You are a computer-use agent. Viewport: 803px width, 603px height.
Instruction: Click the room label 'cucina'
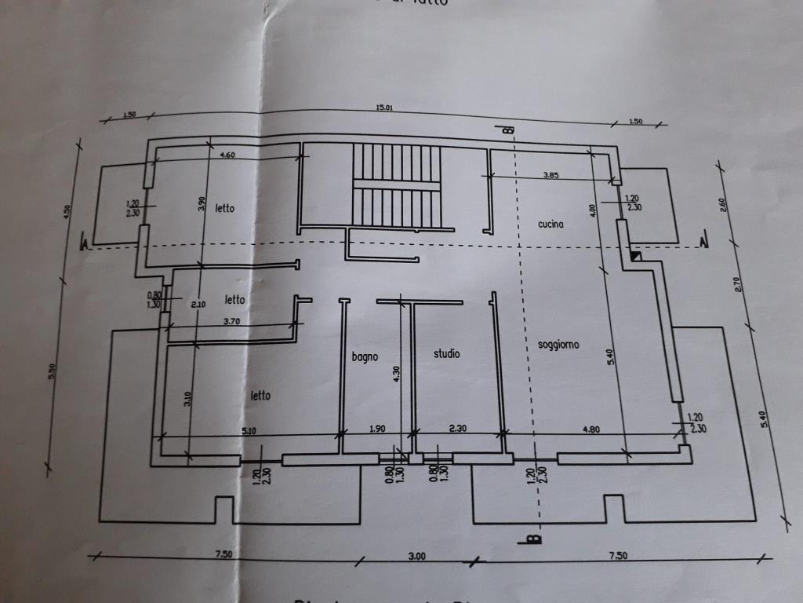[551, 225]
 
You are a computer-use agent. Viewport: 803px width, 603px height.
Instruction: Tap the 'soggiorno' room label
[558, 345]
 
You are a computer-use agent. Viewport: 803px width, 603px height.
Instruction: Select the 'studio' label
[447, 354]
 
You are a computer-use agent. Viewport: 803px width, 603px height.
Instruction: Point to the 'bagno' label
[365, 356]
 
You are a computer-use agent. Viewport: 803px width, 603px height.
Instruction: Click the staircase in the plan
[398, 185]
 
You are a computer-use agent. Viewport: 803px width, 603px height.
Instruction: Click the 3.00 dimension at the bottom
[416, 556]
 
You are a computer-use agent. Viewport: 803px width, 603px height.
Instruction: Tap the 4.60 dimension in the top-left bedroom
[227, 155]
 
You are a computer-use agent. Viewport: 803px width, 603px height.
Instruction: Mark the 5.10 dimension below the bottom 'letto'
[249, 430]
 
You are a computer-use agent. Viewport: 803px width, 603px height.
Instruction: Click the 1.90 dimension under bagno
[377, 429]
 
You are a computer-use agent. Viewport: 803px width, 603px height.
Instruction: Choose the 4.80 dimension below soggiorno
[590, 429]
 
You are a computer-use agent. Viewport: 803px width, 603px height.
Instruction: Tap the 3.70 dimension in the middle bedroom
[231, 320]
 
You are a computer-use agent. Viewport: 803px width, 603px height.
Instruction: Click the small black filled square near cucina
[636, 255]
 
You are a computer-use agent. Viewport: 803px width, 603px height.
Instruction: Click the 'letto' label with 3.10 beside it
[260, 395]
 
